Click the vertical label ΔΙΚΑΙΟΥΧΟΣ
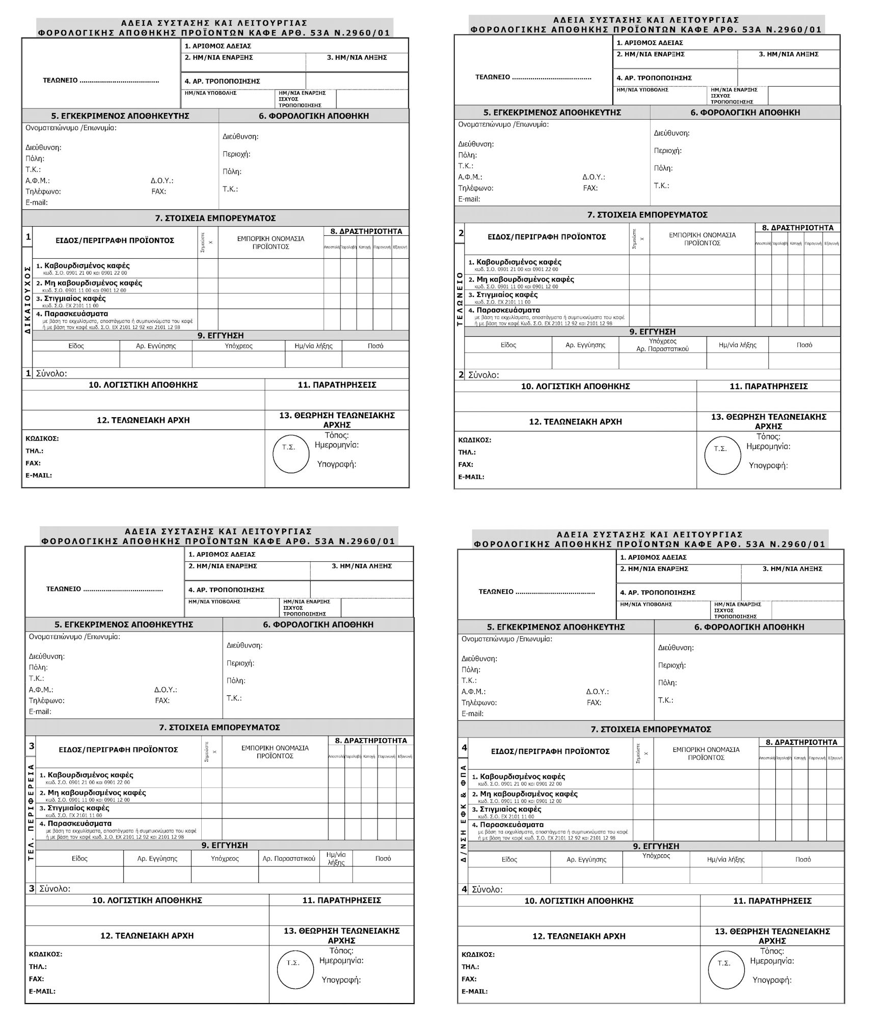(27, 300)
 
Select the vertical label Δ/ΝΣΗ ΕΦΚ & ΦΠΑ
(464, 813)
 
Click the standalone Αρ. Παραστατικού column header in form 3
(289, 858)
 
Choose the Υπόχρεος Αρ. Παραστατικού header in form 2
(662, 345)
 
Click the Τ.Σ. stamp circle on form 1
(291, 453)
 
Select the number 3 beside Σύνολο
(32, 888)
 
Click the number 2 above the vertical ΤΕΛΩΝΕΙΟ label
(461, 233)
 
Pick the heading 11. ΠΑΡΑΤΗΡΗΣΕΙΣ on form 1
(337, 385)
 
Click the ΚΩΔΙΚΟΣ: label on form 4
(478, 954)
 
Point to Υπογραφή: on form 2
(768, 466)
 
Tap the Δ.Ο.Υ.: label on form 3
(166, 690)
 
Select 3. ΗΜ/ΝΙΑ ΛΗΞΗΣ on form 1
(357, 58)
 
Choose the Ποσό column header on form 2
(804, 345)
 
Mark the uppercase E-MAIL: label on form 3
(42, 991)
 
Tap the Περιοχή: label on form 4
(672, 665)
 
